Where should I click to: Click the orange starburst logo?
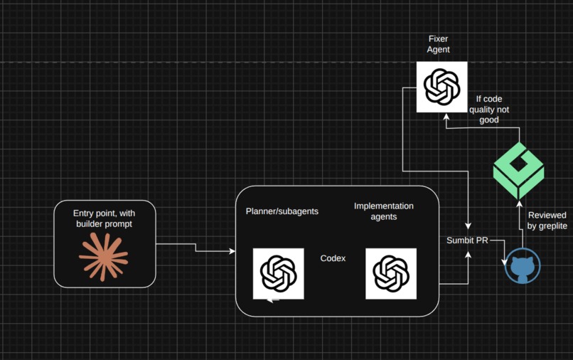point(103,258)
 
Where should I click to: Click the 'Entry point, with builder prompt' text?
point(104,218)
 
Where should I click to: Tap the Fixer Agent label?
point(438,44)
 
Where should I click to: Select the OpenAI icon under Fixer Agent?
point(441,87)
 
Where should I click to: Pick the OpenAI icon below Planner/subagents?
point(279,274)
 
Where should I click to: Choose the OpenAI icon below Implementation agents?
point(391,274)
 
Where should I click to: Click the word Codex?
point(333,258)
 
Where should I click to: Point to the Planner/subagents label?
point(282,211)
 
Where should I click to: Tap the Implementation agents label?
point(384,211)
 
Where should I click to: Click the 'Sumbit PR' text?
point(467,240)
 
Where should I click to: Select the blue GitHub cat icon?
point(523,266)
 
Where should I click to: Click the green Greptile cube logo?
point(518,171)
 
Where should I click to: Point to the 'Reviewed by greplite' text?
point(547,221)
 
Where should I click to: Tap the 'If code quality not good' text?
point(489,110)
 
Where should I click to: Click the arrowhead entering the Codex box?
point(232,251)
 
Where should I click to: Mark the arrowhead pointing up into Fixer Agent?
point(446,117)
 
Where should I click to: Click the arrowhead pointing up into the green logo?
point(519,203)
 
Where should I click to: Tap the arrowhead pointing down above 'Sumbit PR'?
point(468,226)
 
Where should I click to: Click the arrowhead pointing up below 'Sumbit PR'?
point(468,255)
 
